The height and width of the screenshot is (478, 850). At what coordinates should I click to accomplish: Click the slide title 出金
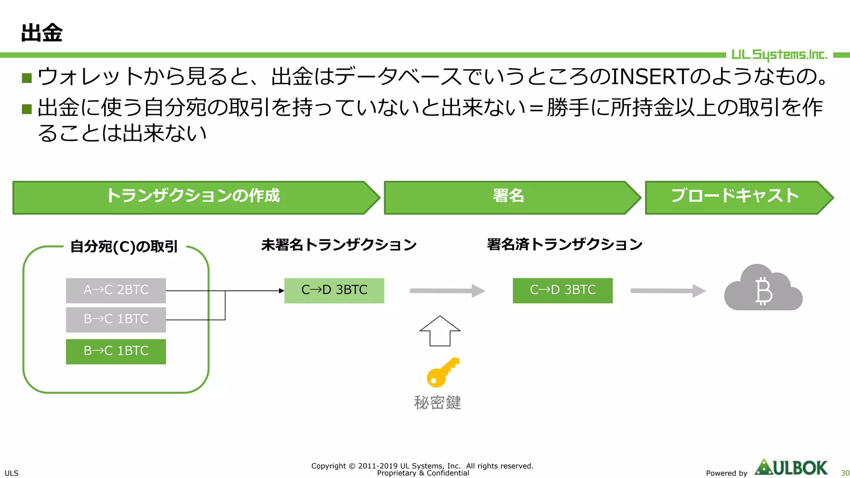(x=42, y=33)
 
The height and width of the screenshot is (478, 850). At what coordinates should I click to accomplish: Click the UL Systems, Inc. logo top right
(x=779, y=55)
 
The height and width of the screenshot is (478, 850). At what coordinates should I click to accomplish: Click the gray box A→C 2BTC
(x=116, y=290)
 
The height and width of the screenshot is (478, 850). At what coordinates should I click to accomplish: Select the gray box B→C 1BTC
(x=116, y=319)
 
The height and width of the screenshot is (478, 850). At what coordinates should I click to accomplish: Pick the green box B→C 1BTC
(x=116, y=351)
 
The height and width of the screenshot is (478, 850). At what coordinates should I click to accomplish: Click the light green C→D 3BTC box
(x=334, y=290)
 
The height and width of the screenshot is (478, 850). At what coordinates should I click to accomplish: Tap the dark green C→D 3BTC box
(x=562, y=290)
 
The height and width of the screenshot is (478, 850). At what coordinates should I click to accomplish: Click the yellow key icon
(x=442, y=372)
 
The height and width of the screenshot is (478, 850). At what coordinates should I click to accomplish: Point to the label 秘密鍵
(x=437, y=402)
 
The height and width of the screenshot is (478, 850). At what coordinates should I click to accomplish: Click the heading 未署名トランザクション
(x=339, y=244)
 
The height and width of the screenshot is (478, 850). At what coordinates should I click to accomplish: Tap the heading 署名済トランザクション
(x=564, y=244)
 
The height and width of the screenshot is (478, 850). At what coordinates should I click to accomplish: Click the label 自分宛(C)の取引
(x=124, y=246)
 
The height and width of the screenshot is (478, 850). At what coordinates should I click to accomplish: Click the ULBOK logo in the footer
(x=791, y=468)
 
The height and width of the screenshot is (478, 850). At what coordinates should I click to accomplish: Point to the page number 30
(x=845, y=473)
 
